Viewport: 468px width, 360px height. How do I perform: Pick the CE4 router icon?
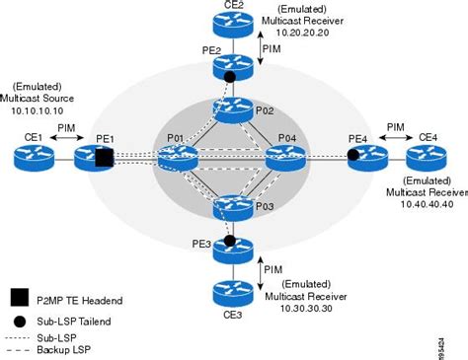click(x=427, y=155)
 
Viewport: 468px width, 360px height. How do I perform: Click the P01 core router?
click(x=178, y=155)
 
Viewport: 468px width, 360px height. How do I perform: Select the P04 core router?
click(x=286, y=155)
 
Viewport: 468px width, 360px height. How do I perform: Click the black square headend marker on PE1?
click(x=106, y=156)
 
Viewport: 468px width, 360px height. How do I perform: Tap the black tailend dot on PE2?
click(x=229, y=76)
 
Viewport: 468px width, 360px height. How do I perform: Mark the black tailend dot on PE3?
click(x=229, y=240)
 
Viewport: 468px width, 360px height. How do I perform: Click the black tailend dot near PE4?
click(x=352, y=155)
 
